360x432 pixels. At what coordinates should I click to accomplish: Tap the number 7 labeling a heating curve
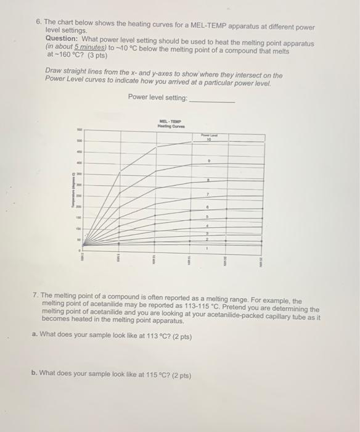pos(208,194)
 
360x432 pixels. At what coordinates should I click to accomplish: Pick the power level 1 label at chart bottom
pos(208,248)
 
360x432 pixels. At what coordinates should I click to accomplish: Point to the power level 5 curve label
pos(208,217)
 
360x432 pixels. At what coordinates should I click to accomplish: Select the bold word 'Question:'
pos(63,39)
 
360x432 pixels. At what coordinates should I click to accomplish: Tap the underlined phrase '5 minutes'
pos(87,47)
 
